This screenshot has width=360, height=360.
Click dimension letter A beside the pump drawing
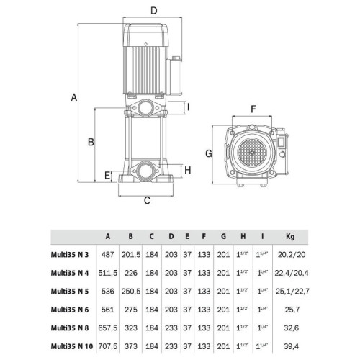pyautogui.click(x=74, y=97)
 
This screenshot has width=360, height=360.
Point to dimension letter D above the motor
pyautogui.click(x=154, y=11)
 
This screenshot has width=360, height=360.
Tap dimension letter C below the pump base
pyautogui.click(x=147, y=200)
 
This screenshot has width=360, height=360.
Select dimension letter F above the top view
pyautogui.click(x=253, y=109)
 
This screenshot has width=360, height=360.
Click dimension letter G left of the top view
pyautogui.click(x=209, y=153)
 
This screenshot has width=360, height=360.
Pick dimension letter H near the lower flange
pyautogui.click(x=188, y=170)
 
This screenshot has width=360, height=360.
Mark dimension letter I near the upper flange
pyautogui.click(x=189, y=107)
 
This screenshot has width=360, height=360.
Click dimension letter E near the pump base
pyautogui.click(x=107, y=176)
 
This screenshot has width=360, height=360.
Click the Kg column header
pyautogui.click(x=290, y=237)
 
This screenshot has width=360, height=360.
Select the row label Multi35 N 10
pyautogui.click(x=72, y=346)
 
